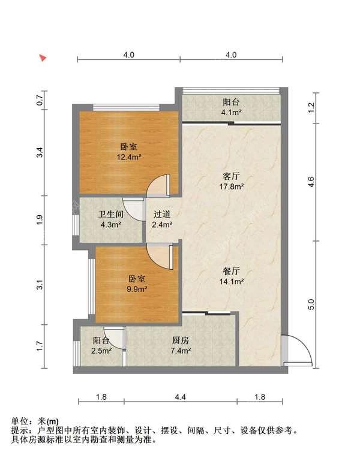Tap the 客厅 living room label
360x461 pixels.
tap(232, 176)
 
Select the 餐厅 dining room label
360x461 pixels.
tap(232, 270)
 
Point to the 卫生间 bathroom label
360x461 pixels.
tap(111, 215)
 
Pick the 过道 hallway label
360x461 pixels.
tap(162, 215)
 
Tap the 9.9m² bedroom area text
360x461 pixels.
tap(137, 288)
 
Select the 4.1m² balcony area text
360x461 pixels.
tap(231, 112)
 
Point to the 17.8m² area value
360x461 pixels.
tap(232, 186)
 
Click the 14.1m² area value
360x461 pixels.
tap(232, 281)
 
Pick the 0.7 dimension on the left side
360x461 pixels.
tap(40, 100)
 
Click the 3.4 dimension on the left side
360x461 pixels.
tap(40, 153)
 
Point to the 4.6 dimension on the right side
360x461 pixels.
tap(311, 182)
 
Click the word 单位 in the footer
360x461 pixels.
tap(19, 421)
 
